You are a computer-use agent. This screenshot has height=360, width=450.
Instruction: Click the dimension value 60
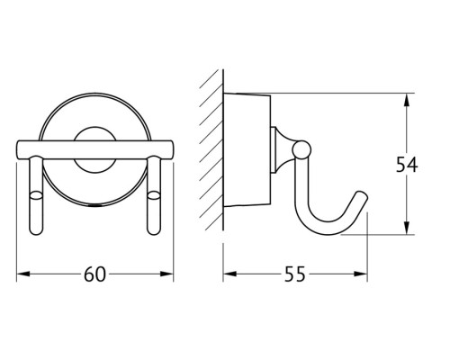(94, 274)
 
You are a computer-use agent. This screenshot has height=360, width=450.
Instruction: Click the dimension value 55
(294, 274)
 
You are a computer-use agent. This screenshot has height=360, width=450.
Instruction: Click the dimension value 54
(407, 165)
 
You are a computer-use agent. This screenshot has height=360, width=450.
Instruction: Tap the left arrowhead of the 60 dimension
(23, 274)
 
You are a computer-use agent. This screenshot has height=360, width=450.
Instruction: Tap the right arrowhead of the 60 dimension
(166, 274)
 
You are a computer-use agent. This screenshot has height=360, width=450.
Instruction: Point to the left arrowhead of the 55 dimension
(229, 274)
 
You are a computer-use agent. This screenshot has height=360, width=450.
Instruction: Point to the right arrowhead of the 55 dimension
(361, 274)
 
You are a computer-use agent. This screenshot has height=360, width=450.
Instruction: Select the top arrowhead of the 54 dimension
(406, 100)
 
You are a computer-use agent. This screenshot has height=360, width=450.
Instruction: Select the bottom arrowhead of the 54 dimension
(406, 228)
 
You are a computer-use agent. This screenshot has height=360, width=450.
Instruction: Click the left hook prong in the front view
(36, 195)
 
